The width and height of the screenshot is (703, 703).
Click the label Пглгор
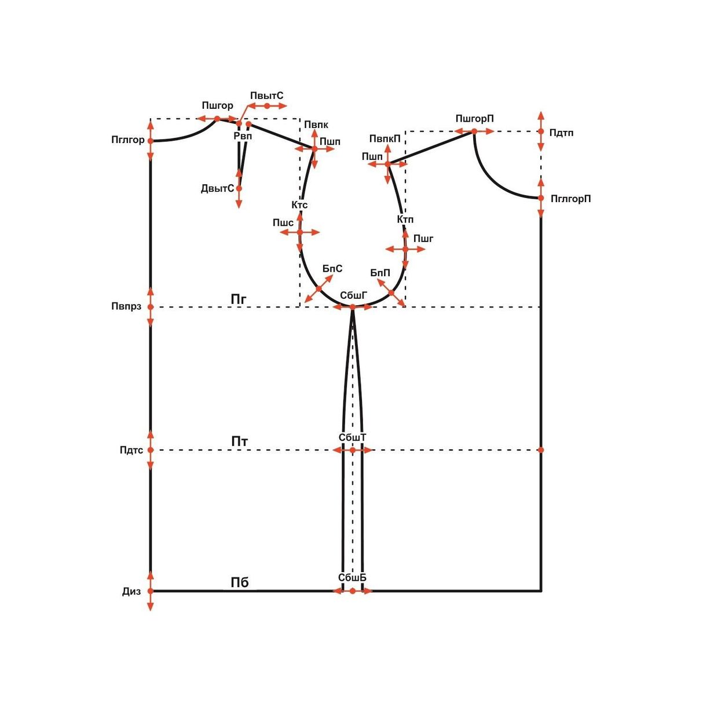point(128,140)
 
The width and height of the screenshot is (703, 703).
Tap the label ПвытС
point(267,96)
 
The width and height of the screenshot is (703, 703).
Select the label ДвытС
point(217,189)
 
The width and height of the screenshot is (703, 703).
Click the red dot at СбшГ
point(353,307)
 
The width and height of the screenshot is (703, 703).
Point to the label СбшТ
point(352,437)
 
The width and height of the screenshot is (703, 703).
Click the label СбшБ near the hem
point(352,577)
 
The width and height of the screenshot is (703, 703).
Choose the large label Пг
point(239,299)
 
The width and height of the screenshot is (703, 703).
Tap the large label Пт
point(240,441)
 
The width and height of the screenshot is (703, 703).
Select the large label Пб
point(240,583)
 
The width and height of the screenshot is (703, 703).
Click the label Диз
point(131,592)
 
